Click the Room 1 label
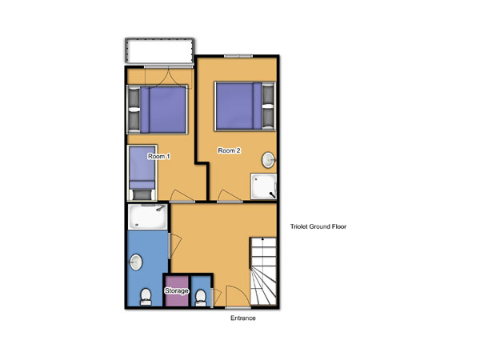(159, 157)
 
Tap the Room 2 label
(229, 150)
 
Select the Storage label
(176, 290)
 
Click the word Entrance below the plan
(242, 318)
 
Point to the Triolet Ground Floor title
(318, 226)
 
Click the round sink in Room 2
(268, 160)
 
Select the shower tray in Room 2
(263, 186)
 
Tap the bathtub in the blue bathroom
(147, 217)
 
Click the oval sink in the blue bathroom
(136, 262)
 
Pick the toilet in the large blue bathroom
(146, 297)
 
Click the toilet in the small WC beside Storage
(201, 298)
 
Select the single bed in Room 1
(142, 173)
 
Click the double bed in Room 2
(245, 106)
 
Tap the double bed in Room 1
(158, 110)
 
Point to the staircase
(263, 271)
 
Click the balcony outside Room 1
(159, 51)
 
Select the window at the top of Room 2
(238, 56)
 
